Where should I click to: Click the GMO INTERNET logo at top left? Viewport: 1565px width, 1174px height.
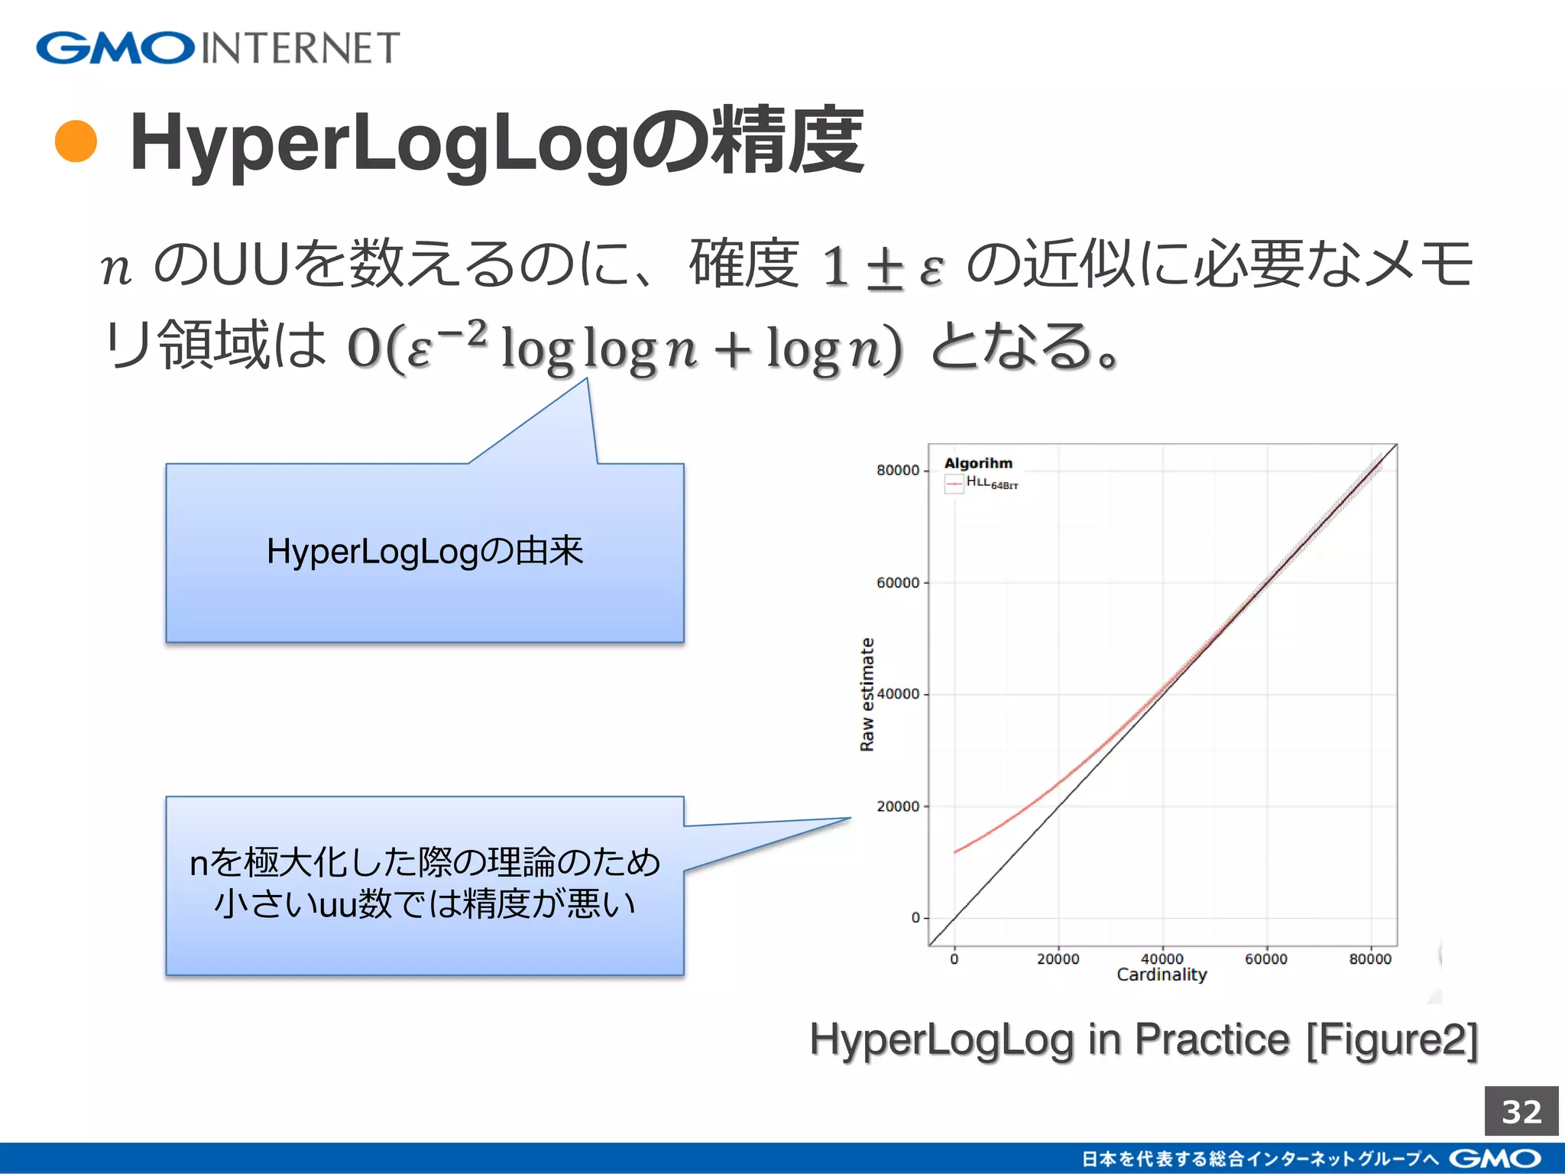(x=218, y=47)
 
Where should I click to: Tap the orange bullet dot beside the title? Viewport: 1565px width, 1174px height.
(x=76, y=142)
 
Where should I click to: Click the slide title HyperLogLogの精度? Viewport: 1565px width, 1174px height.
(x=497, y=142)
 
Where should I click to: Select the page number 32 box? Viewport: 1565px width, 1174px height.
(x=1521, y=1111)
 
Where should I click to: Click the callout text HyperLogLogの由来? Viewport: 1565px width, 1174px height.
(x=425, y=551)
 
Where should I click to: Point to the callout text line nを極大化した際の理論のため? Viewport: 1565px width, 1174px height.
(x=425, y=862)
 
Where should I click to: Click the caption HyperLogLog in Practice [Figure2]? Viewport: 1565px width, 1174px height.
(x=1144, y=1039)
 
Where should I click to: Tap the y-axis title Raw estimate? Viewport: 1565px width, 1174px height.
(x=867, y=694)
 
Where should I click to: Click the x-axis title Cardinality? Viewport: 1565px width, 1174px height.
(x=1162, y=975)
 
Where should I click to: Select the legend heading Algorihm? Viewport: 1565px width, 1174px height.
(x=978, y=463)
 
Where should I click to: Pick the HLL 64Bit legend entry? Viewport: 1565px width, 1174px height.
(x=991, y=482)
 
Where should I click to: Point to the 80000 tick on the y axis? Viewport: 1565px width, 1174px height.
(x=898, y=470)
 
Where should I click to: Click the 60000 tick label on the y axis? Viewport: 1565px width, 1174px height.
(x=898, y=582)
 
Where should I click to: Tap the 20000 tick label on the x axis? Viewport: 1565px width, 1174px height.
(x=1058, y=958)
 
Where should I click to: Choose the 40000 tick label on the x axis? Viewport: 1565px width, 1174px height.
(x=1162, y=958)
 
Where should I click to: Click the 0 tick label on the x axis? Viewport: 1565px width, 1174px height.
(x=954, y=958)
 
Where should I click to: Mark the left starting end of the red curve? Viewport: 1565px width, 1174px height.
(x=955, y=851)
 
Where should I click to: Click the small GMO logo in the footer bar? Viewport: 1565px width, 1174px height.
(x=1494, y=1159)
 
